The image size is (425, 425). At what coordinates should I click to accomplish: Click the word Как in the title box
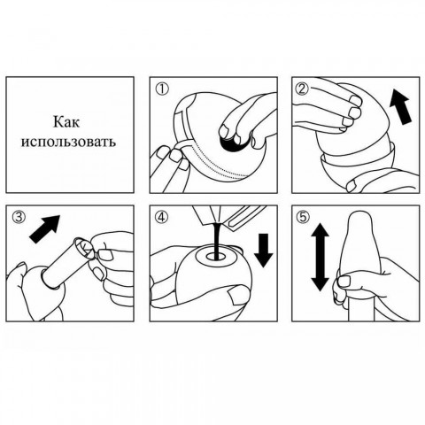66,121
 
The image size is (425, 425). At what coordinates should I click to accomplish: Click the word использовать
68,142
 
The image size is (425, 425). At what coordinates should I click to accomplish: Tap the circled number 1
163,89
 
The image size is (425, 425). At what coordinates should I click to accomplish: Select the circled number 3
19,218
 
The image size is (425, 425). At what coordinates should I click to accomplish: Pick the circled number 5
305,218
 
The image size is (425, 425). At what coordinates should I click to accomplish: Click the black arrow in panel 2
400,107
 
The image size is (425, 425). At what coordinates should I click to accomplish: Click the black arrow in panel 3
45,229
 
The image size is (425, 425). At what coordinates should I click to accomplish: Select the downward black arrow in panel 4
263,251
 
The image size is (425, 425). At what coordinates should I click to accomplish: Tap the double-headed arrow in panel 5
320,257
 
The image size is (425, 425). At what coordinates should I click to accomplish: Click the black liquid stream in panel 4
218,241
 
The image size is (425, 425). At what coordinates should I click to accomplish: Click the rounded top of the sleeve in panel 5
359,215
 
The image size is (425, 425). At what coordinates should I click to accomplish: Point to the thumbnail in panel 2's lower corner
354,186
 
